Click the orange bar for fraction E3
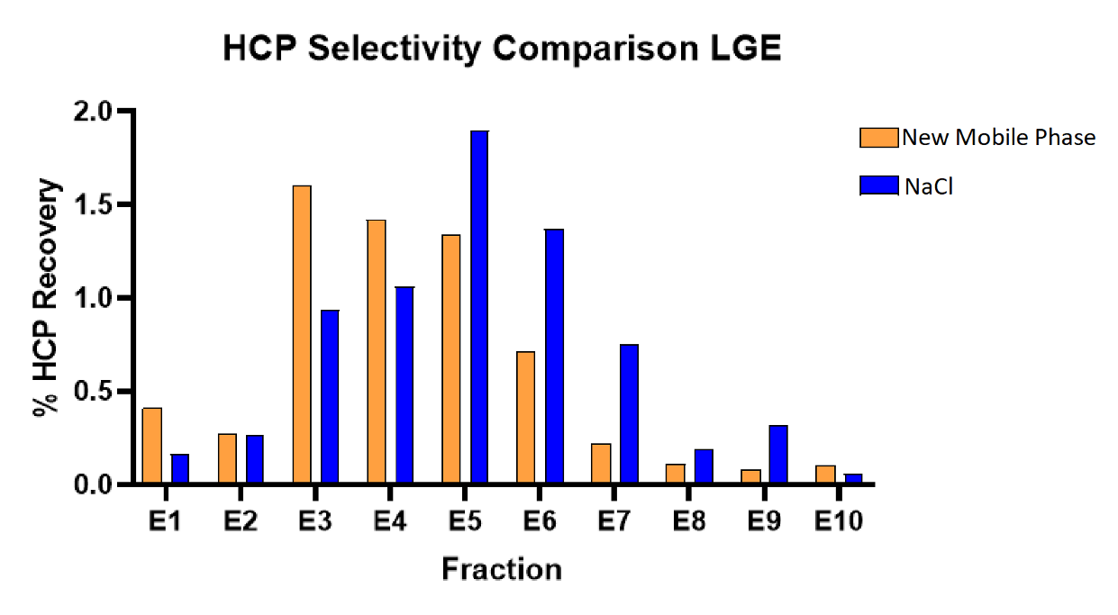302,335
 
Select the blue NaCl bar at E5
479,307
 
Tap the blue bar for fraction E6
554,357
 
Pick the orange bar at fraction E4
377,352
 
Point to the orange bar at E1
152,446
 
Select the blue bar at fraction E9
778,455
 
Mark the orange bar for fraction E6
526,418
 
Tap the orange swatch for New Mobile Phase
878,138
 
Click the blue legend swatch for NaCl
878,185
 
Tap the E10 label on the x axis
838,521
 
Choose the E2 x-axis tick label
241,521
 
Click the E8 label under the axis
687,521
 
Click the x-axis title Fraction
502,569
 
